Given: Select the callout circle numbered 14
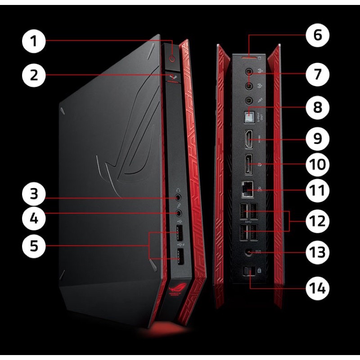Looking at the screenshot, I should coord(318,287).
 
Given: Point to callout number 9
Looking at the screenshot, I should coord(318,137).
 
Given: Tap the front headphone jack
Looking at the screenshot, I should coord(179,196).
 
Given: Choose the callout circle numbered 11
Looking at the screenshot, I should coord(318,189).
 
